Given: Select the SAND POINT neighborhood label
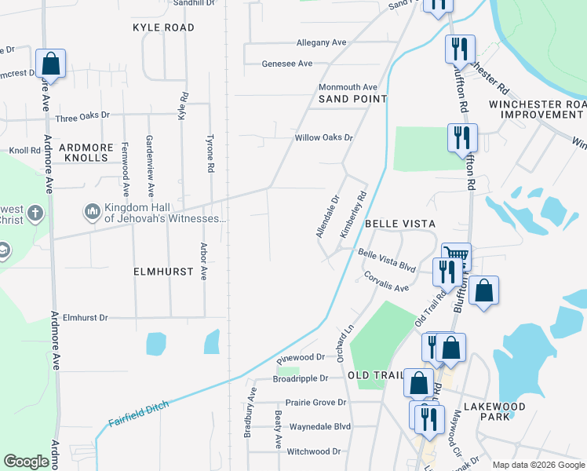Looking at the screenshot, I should [x=352, y=99].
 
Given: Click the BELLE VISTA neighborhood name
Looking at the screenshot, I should [x=395, y=224].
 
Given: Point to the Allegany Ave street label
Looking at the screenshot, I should [x=321, y=42].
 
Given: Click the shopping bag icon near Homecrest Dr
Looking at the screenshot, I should [x=50, y=64].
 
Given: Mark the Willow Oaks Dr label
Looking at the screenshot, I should [x=324, y=137].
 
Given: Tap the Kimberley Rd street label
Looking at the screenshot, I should [x=352, y=215].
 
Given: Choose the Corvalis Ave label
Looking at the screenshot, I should [x=386, y=283].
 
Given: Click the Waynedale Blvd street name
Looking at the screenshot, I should [x=319, y=427].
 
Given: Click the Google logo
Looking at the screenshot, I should [x=27, y=462].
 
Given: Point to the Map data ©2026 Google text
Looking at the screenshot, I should [x=538, y=465].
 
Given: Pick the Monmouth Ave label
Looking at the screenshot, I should [x=348, y=87].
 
